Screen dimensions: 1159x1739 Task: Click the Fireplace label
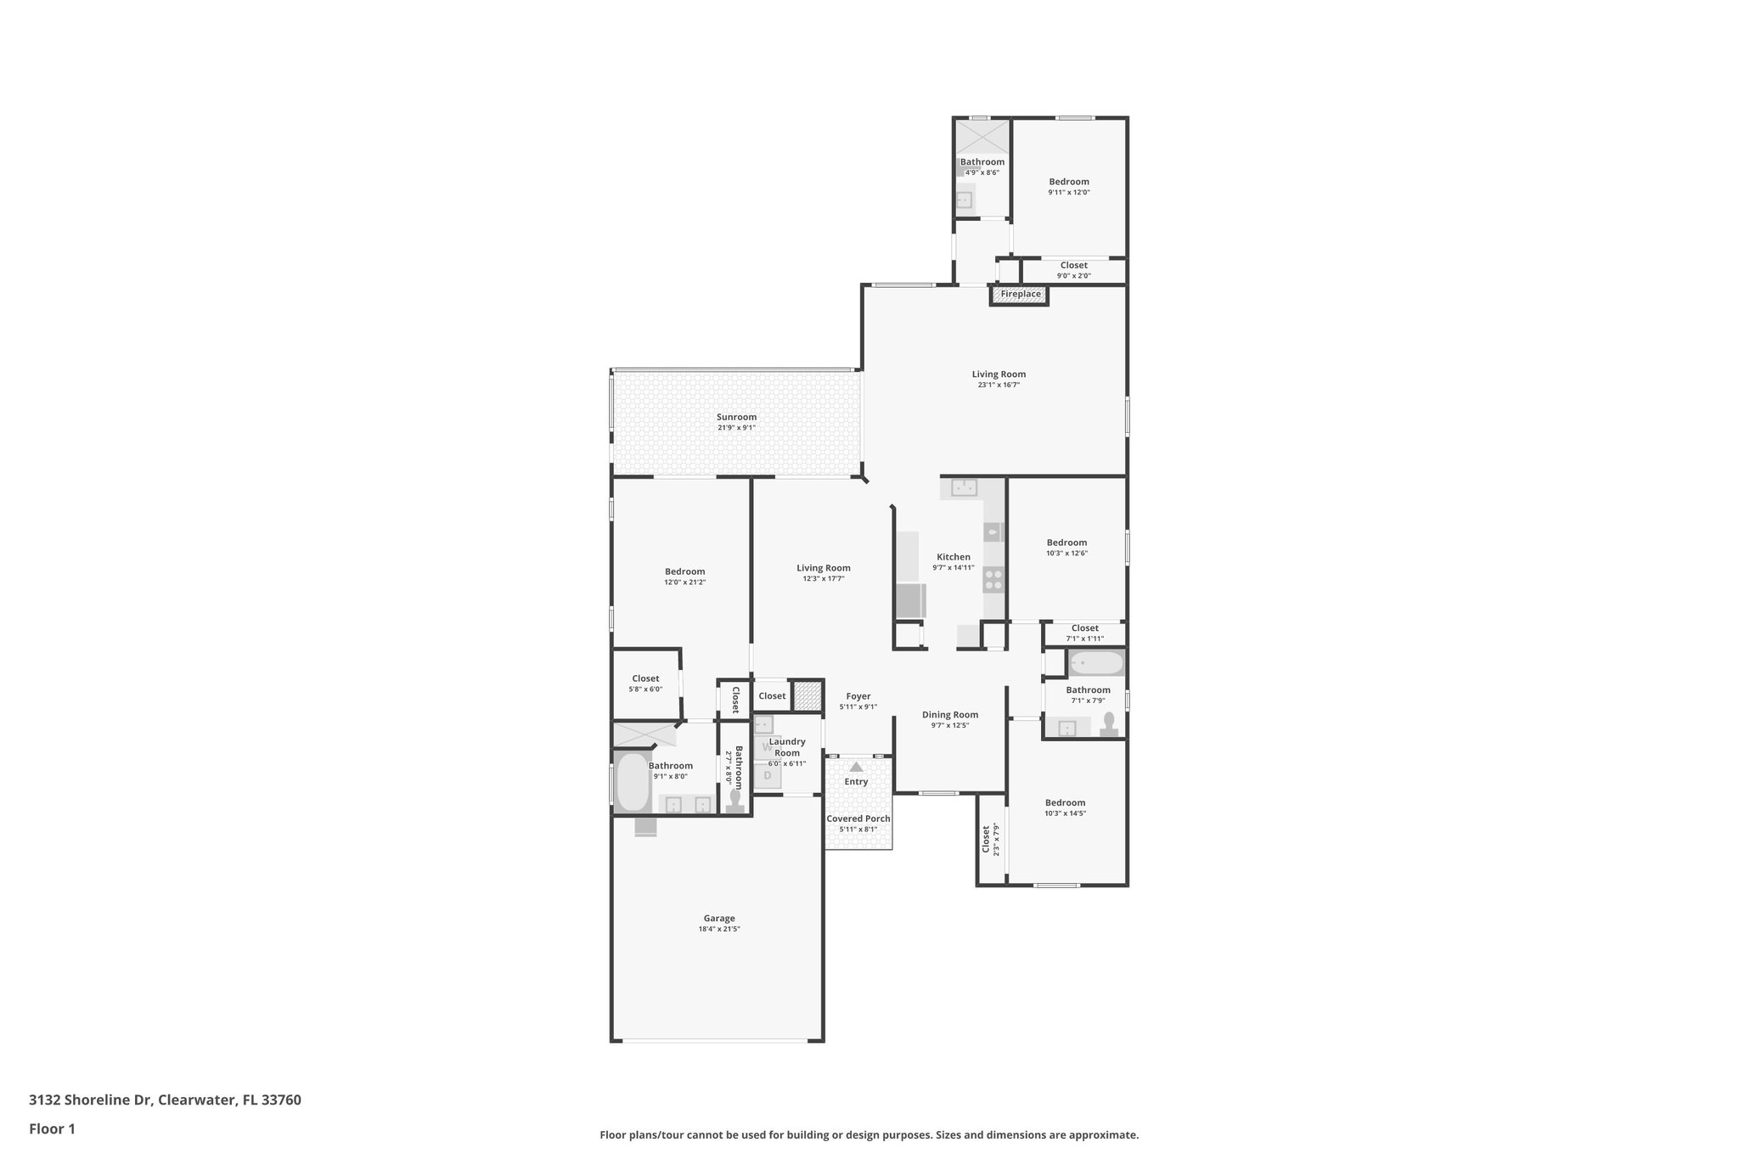tap(1020, 294)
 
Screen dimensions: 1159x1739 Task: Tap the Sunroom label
tap(736, 417)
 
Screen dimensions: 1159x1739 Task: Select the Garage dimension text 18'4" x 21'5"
tap(719, 929)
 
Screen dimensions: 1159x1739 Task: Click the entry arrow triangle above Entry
tap(856, 767)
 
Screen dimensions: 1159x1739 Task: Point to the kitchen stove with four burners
tap(993, 581)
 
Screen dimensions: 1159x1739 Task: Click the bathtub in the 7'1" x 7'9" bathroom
tap(1096, 662)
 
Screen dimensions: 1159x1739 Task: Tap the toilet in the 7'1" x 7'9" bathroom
tap(1108, 723)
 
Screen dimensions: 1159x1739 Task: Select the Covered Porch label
tap(858, 819)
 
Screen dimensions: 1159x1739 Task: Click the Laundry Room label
tap(787, 747)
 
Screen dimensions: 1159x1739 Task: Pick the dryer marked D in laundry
tap(768, 775)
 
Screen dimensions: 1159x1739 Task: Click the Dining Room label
tap(950, 715)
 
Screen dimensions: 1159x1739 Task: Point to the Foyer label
tap(858, 696)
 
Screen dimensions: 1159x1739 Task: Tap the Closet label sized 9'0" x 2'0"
tap(1073, 265)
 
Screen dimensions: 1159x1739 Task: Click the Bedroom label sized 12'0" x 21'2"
tap(684, 571)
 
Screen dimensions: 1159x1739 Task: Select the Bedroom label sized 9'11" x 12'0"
tap(1068, 181)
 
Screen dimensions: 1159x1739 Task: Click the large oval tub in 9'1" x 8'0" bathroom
tap(633, 782)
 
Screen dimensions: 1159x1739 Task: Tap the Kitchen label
tap(953, 557)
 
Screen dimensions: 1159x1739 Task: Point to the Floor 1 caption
tap(52, 1128)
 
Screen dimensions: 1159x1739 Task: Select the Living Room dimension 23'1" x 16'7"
tap(999, 385)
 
